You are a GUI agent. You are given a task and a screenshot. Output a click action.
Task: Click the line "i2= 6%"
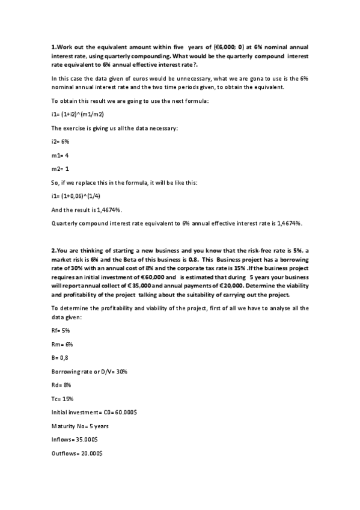point(61,141)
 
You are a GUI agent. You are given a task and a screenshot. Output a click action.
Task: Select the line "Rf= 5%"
point(61,331)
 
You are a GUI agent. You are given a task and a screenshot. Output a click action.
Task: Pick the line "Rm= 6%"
point(63,345)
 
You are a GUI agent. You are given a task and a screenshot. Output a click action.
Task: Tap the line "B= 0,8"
point(61,358)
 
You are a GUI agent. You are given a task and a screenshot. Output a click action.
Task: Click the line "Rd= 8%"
point(62,386)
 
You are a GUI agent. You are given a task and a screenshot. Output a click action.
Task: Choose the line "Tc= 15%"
point(63,399)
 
